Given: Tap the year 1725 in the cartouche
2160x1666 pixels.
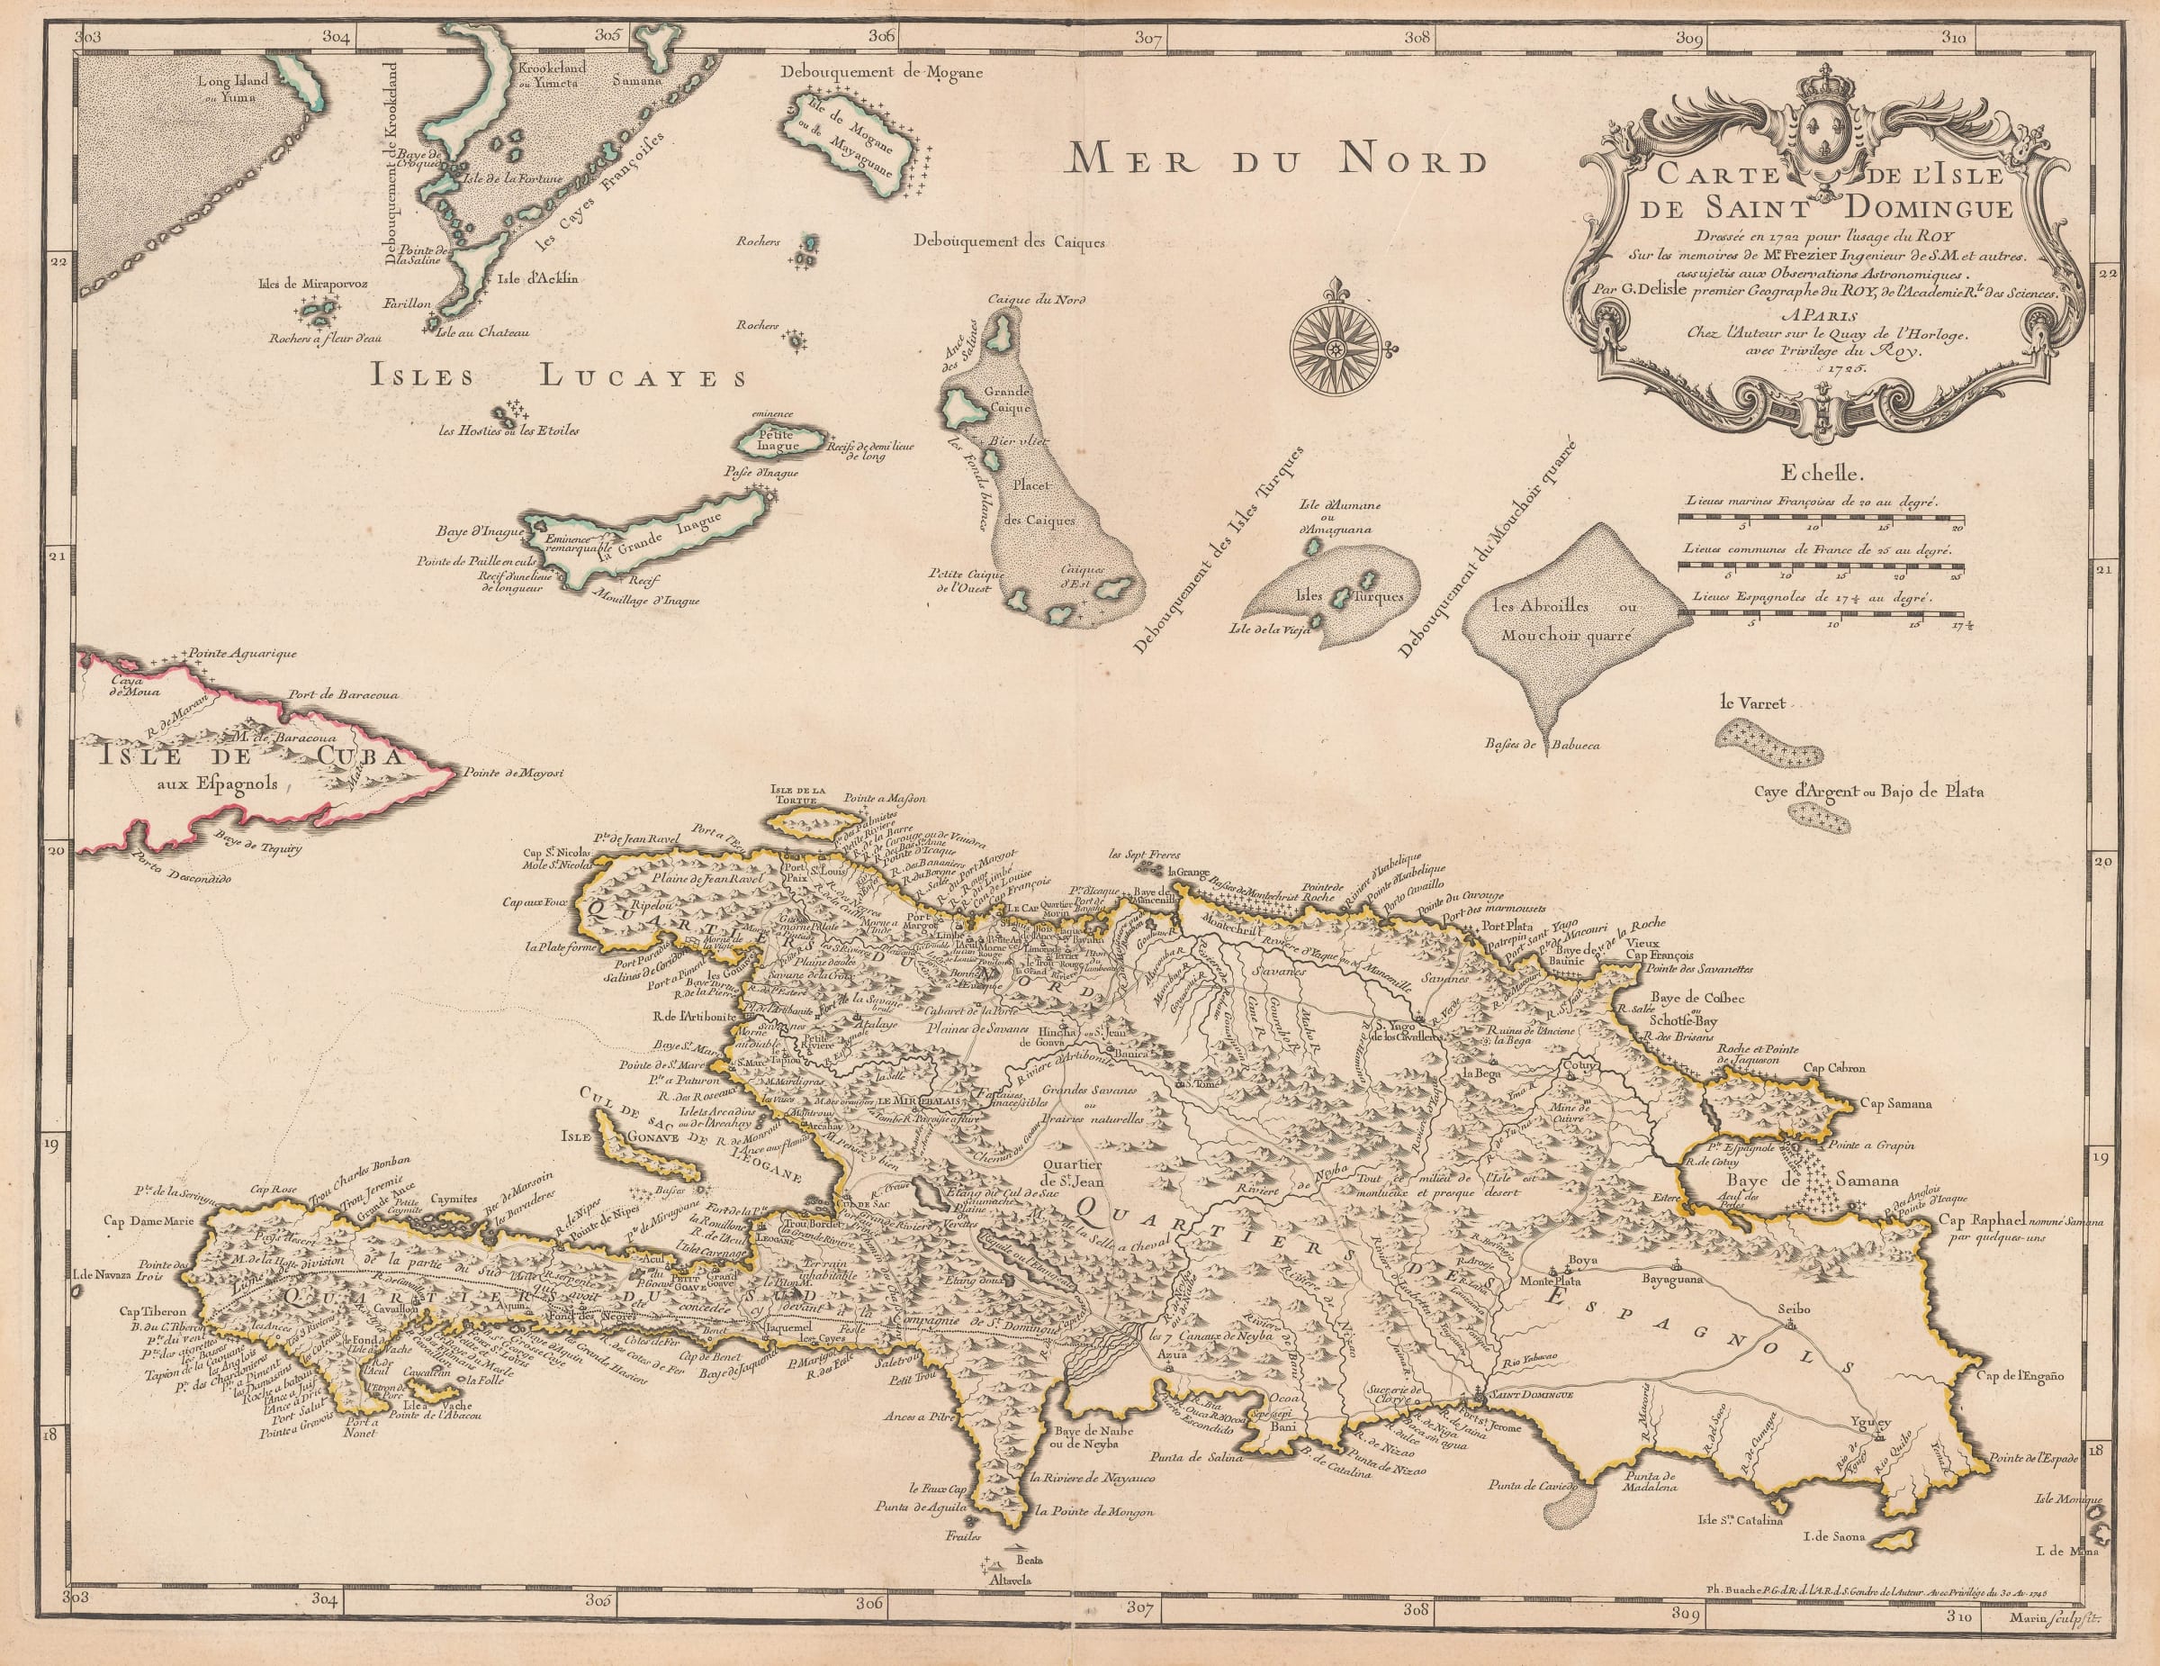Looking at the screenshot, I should click(x=1884, y=365).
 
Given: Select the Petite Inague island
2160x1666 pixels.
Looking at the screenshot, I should click(x=778, y=441).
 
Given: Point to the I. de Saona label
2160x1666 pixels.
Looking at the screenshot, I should click(x=1834, y=1536).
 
